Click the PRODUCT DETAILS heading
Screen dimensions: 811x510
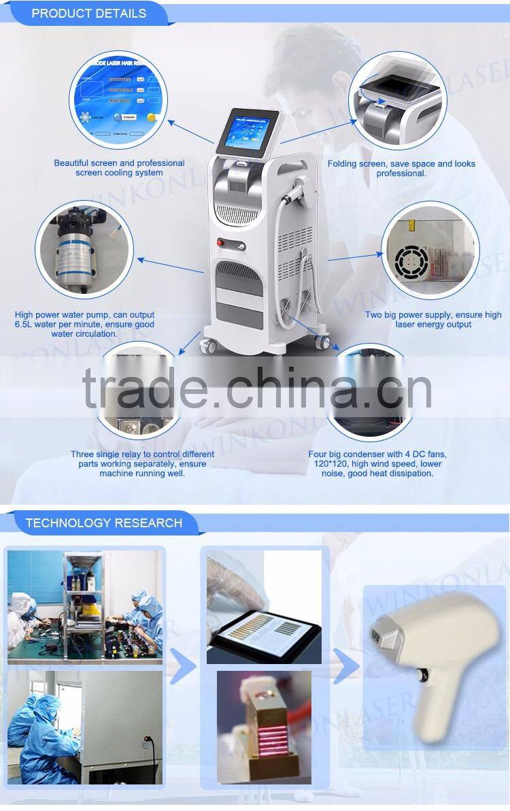pyautogui.click(x=88, y=13)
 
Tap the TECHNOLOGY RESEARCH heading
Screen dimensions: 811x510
pyautogui.click(x=103, y=523)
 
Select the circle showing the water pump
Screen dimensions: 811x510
pyautogui.click(x=84, y=249)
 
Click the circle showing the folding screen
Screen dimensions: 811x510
pyautogui.click(x=397, y=101)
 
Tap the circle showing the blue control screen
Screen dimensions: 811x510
pyautogui.click(x=118, y=100)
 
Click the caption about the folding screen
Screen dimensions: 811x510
pyautogui.click(x=401, y=168)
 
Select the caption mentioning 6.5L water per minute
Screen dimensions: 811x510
pyautogui.click(x=84, y=325)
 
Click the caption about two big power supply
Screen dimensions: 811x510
pyautogui.click(x=433, y=320)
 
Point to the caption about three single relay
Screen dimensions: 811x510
pyautogui.click(x=142, y=463)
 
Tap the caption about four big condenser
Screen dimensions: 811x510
pyautogui.click(x=377, y=463)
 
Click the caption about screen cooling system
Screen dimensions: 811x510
pyautogui.click(x=119, y=168)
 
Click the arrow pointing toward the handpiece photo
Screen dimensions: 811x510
pyautogui.click(x=346, y=666)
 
